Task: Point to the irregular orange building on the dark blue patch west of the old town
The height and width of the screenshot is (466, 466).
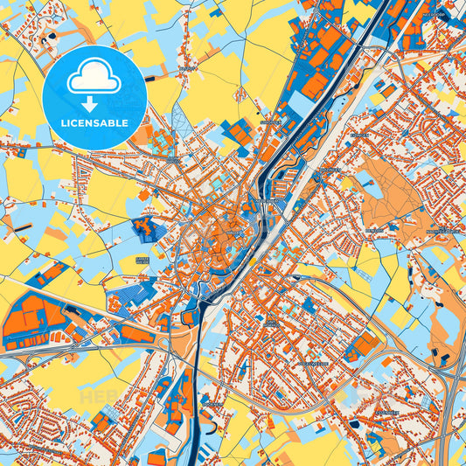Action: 146,230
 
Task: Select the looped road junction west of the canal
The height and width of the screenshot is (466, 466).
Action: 188,320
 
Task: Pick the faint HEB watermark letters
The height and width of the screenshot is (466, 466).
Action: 105,398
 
